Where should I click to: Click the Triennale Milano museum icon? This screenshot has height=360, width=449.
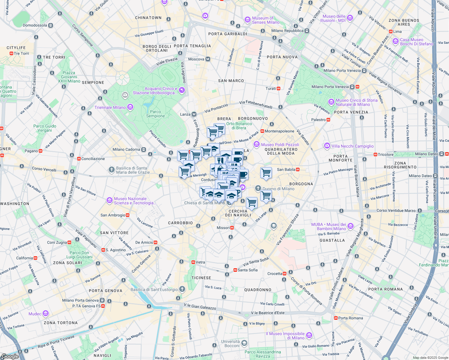[x=130, y=107]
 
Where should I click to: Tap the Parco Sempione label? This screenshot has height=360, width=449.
[x=155, y=114]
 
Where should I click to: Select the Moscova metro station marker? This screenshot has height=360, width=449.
[x=208, y=59]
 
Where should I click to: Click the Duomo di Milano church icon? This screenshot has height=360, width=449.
[x=258, y=188]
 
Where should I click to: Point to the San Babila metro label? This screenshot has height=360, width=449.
[x=286, y=169]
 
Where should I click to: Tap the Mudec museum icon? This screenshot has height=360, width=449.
[x=46, y=314]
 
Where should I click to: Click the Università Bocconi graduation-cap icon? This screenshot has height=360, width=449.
[x=244, y=343]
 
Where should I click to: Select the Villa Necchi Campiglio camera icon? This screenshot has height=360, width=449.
[x=327, y=146]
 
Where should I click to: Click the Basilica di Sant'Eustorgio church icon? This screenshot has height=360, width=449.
[x=182, y=289]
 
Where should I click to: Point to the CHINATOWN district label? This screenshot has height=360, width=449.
[x=148, y=18]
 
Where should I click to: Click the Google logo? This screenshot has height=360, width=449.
[x=10, y=356]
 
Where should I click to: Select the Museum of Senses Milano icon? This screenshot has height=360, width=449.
[x=248, y=20]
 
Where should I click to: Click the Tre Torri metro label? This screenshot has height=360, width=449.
[x=21, y=53]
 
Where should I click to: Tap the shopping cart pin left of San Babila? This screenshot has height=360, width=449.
[x=266, y=173]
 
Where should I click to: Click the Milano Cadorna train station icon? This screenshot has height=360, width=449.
[x=144, y=149]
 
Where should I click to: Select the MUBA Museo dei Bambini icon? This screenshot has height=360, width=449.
[x=351, y=226]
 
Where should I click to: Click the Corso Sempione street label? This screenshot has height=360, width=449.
[x=82, y=35]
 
